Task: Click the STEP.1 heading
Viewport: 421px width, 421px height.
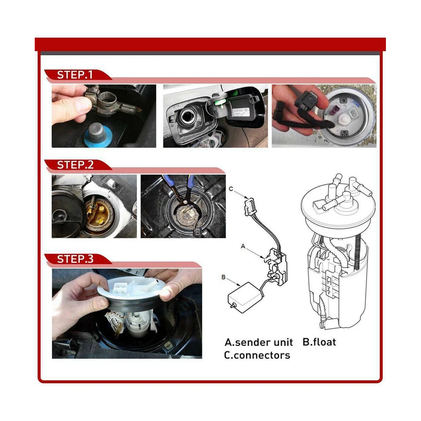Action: (x=75, y=75)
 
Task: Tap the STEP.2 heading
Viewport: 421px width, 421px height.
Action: (x=75, y=165)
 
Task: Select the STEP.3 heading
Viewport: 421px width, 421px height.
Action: (x=75, y=259)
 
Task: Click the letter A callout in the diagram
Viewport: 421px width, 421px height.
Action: (x=243, y=246)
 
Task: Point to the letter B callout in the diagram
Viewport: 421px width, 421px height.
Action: (x=223, y=277)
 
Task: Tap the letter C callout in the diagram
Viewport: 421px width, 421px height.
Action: (x=231, y=189)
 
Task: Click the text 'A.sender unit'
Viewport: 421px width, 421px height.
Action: (x=259, y=342)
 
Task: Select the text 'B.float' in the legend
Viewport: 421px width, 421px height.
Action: (x=319, y=342)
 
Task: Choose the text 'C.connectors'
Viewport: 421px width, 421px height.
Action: (x=257, y=355)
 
